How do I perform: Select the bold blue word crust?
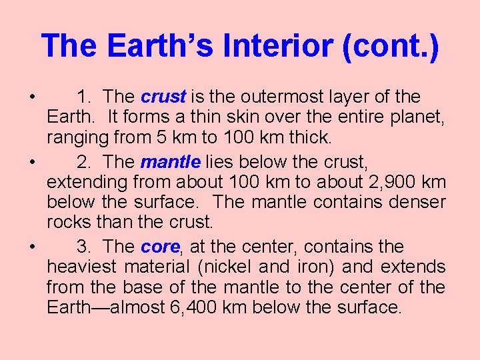pos(163,97)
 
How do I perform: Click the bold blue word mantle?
pos(171,162)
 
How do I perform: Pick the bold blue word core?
pos(160,247)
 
